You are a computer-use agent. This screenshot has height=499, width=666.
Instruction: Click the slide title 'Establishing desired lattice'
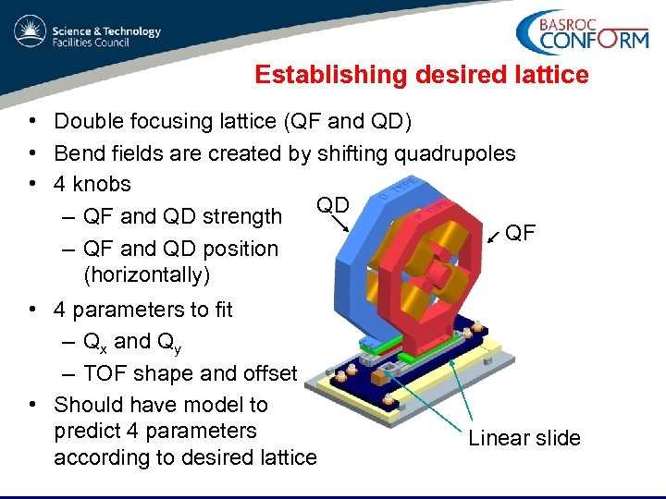421,75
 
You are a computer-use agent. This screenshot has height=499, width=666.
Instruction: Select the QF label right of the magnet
520,233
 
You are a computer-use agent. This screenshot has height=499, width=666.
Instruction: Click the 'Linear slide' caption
524,438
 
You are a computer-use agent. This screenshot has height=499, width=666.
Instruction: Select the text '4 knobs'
92,184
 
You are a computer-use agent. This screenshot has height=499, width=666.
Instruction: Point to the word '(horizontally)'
147,274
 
